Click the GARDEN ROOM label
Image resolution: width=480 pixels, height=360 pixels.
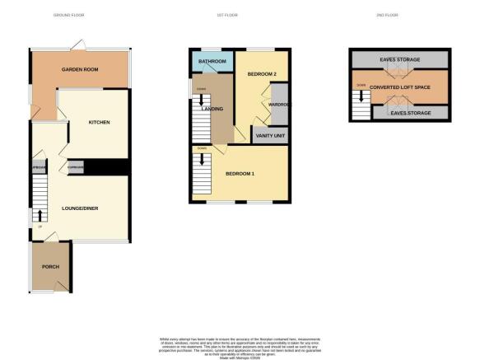click(x=80, y=70)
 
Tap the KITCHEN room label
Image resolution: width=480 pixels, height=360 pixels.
click(x=100, y=123)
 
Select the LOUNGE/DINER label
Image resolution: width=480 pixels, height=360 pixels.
click(x=80, y=208)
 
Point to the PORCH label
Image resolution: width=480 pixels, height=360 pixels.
click(x=49, y=265)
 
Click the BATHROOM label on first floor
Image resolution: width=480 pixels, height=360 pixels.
click(x=212, y=61)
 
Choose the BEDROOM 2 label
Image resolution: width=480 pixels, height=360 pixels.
click(x=261, y=75)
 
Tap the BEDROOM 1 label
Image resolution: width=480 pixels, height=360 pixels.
click(x=240, y=173)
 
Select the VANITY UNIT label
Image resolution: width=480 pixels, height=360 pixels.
click(x=269, y=135)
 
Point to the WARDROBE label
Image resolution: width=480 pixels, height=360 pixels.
click(x=277, y=105)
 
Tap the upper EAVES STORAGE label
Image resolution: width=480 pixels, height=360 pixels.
click(x=399, y=60)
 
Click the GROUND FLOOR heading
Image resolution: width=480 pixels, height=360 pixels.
click(x=68, y=16)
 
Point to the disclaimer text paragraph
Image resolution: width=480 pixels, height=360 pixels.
click(x=240, y=346)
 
